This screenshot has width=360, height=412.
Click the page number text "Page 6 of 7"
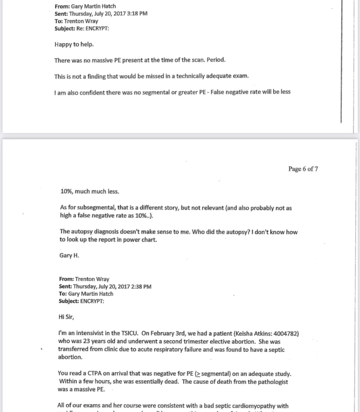pos(303,169)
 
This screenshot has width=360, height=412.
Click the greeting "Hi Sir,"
pos(67,316)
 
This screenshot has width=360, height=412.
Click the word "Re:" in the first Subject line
pos(80,29)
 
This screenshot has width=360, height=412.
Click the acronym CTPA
pos(95,374)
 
